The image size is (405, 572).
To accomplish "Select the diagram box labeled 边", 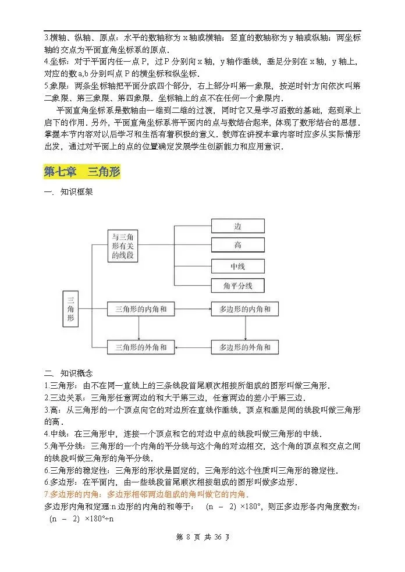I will point(237,226).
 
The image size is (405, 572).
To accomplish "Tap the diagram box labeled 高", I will point(237,246).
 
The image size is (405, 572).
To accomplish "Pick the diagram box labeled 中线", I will point(237,266).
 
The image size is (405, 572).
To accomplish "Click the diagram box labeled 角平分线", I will point(237,286).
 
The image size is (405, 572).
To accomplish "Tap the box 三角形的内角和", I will point(141,310).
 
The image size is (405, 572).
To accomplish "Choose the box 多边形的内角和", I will point(244,310).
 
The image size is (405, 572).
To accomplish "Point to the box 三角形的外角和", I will point(141,347).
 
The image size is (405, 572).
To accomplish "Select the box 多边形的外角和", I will point(244,347).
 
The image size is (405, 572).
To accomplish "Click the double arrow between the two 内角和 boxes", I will point(192,310).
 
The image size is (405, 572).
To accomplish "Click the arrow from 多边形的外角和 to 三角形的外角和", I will point(192,347).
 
